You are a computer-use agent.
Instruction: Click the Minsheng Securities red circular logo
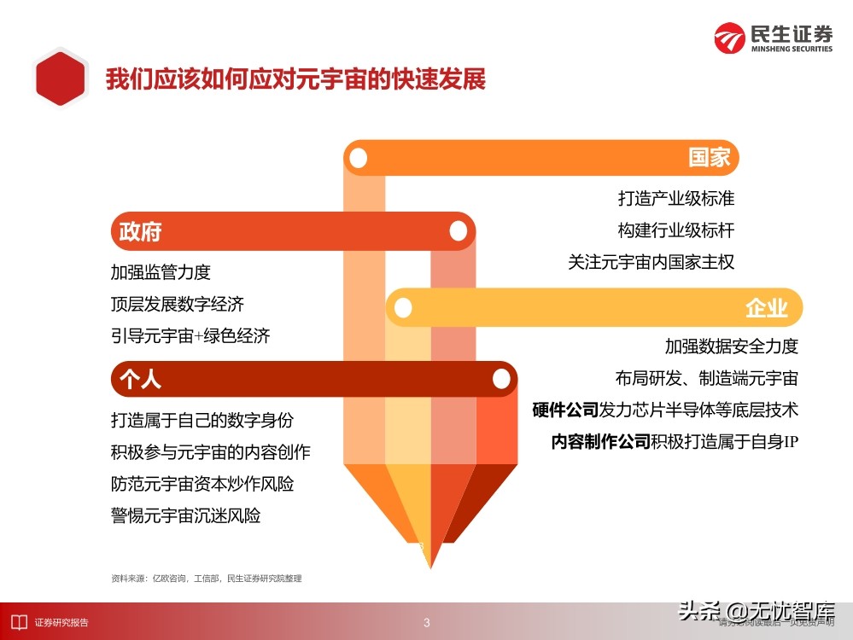729,38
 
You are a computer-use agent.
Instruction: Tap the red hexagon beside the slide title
61,78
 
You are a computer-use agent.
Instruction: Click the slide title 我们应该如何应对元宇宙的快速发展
295,79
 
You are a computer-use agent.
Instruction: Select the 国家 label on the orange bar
709,158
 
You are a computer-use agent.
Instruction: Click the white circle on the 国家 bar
358,158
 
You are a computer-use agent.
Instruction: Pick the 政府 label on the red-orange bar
140,231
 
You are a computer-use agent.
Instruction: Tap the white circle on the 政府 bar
459,231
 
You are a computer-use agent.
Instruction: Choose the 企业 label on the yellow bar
767,308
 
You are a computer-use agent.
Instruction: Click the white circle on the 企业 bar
403,308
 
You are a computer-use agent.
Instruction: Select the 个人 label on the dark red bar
140,379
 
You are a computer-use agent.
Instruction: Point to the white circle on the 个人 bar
501,379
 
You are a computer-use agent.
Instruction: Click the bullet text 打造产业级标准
676,199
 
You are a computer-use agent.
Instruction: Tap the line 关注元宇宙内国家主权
651,262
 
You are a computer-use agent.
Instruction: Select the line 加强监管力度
161,272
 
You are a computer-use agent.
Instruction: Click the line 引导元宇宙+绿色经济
190,335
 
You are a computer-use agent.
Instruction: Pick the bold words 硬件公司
565,410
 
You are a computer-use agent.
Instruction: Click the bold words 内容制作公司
600,441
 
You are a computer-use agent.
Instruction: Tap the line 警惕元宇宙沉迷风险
185,515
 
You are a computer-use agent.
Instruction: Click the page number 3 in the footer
427,623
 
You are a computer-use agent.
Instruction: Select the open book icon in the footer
19,622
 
